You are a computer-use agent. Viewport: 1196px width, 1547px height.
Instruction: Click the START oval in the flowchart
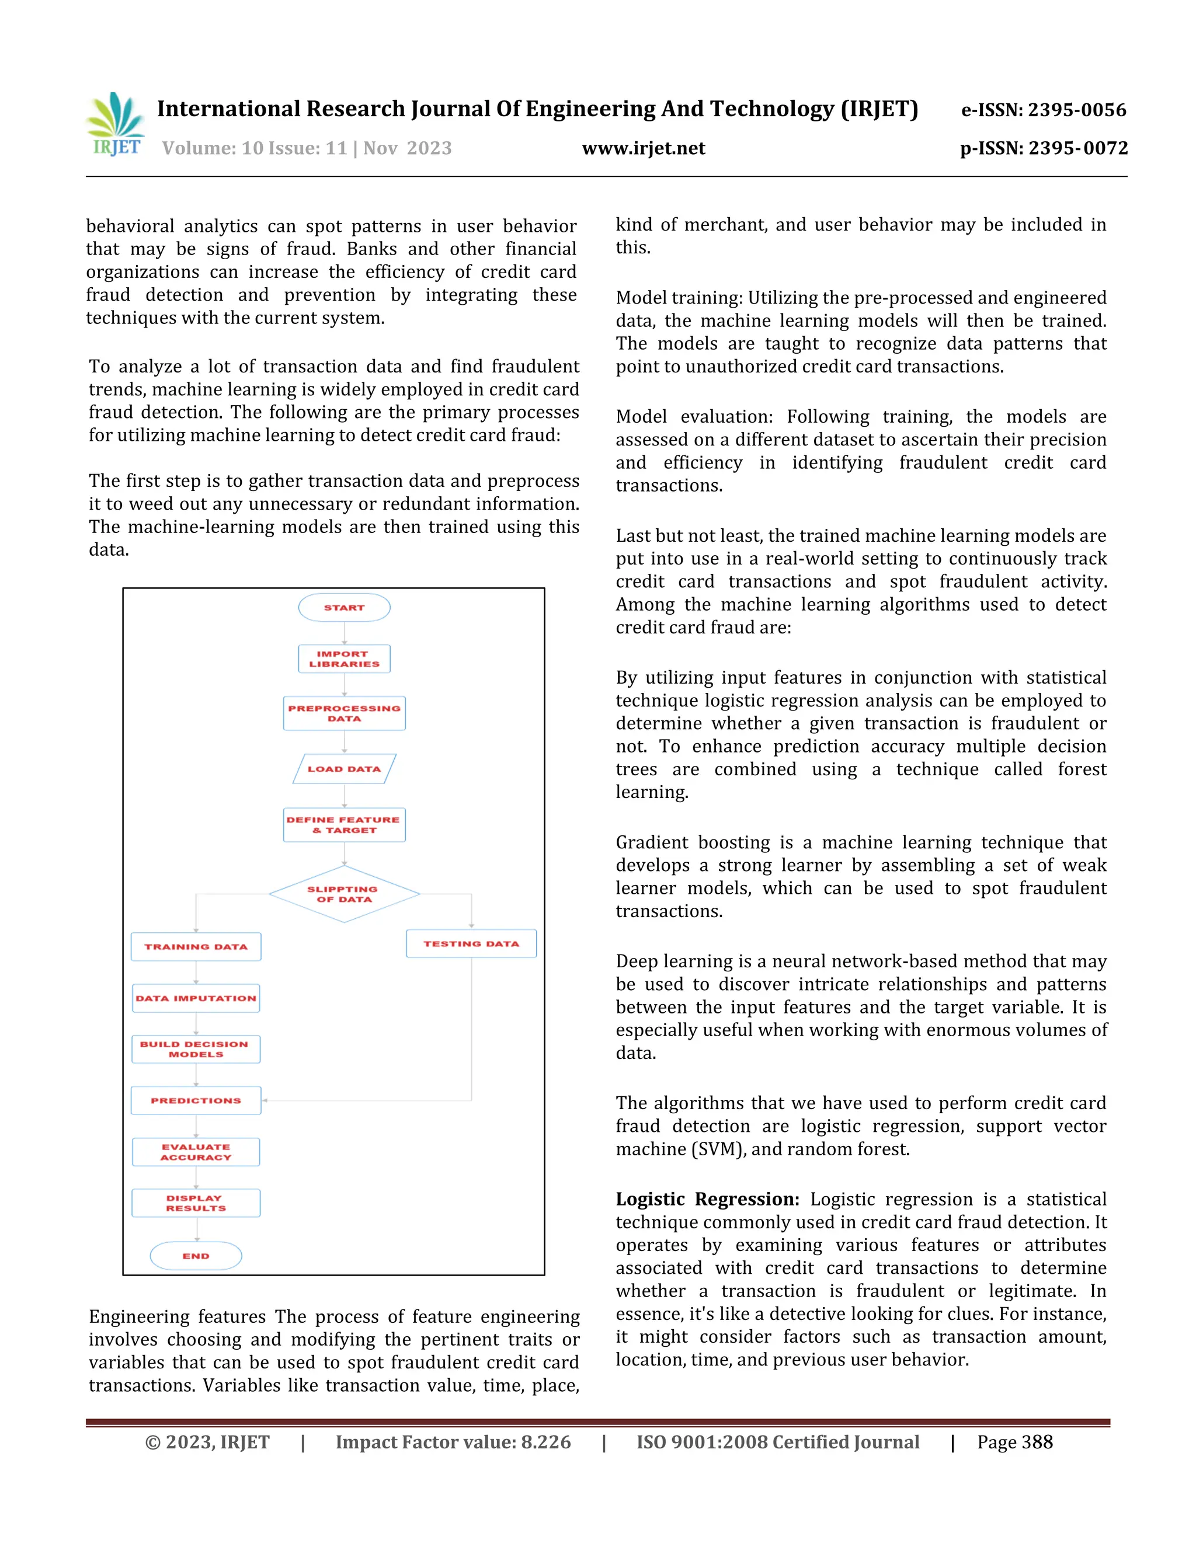click(345, 608)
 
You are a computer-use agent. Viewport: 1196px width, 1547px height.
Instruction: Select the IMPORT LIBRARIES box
click(345, 658)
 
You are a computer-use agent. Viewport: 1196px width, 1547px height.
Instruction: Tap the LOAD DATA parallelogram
click(345, 769)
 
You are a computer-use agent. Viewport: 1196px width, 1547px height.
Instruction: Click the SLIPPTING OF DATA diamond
click(345, 894)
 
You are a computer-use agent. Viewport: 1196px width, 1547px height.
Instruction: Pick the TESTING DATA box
click(471, 943)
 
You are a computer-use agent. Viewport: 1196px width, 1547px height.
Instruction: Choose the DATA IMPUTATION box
click(196, 998)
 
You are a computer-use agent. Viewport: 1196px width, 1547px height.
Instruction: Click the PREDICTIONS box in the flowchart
click(196, 1100)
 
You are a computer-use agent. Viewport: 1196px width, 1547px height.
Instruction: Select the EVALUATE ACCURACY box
click(196, 1152)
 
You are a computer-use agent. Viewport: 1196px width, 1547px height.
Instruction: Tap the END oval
click(196, 1256)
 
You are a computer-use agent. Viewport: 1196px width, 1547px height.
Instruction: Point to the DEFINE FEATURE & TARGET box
click(345, 824)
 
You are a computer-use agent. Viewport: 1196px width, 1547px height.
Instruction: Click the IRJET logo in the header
click(116, 125)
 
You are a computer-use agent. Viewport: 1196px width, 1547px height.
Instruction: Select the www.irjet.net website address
click(644, 148)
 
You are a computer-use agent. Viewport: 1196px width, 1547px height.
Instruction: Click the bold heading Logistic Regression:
click(707, 1199)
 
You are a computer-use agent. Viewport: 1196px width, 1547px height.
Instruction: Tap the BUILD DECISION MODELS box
click(196, 1049)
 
